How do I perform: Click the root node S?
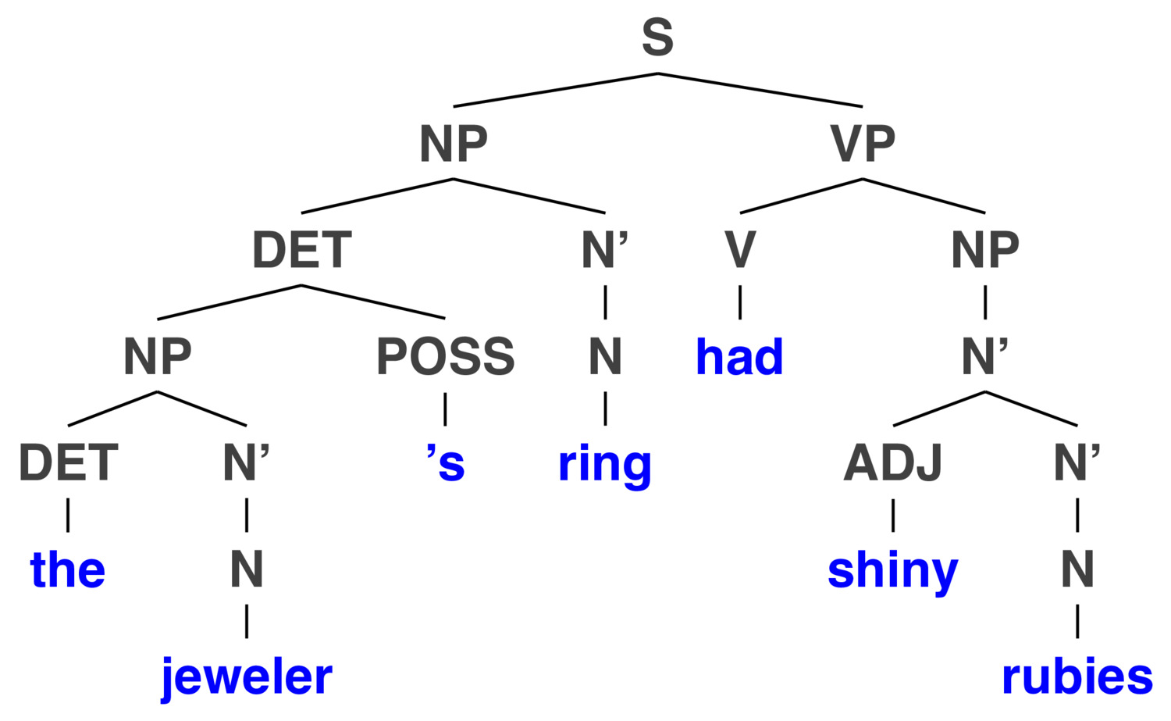[657, 37]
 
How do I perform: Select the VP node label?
[863, 144]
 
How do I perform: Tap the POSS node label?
[446, 357]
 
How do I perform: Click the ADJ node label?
[893, 463]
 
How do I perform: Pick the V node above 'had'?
[740, 250]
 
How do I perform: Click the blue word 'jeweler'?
[247, 677]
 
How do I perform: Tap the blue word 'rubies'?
[1077, 677]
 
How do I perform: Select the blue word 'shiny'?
[893, 571]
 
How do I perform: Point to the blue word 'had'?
[740, 357]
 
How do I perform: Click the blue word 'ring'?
[605, 465]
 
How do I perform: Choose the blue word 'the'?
[68, 569]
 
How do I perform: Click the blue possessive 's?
[446, 463]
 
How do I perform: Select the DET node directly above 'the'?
[69, 463]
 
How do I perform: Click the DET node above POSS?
[301, 250]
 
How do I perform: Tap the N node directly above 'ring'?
[605, 357]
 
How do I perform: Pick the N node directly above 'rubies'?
[1077, 569]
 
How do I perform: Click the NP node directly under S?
[454, 144]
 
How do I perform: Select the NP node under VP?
[985, 250]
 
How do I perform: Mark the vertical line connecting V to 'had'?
[740, 302]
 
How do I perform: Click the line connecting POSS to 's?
[446, 409]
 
